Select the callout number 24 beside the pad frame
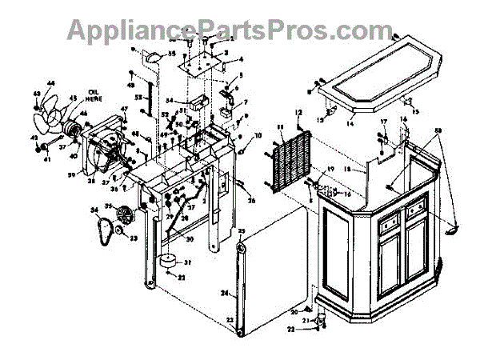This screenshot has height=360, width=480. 225,293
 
